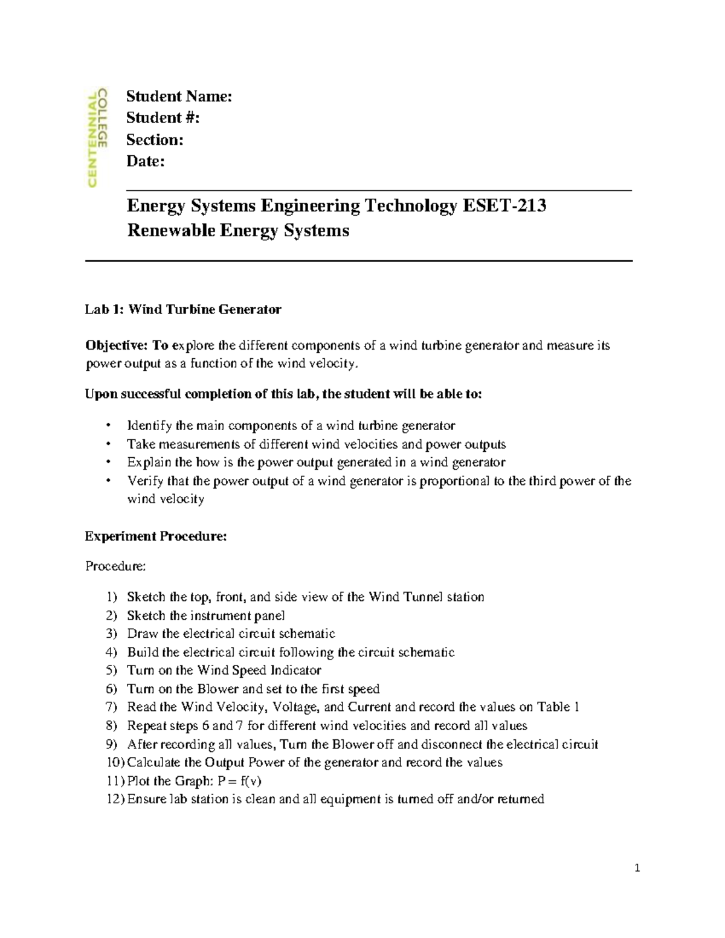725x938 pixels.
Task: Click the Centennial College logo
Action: tap(97, 138)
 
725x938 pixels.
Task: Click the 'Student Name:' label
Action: tap(179, 97)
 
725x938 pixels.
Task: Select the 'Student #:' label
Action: tap(163, 118)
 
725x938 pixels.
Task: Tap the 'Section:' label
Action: tap(155, 140)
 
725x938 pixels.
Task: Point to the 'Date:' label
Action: tap(145, 161)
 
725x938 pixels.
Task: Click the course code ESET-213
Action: tap(504, 206)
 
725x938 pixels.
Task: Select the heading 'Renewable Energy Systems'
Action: tap(238, 231)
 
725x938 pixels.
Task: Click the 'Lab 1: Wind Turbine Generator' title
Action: tap(183, 310)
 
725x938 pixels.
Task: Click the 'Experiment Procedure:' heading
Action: tap(156, 536)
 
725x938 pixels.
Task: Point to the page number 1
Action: tap(637, 869)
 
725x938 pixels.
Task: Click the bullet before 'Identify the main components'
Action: tap(109, 426)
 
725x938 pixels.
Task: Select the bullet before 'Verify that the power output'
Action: tap(109, 481)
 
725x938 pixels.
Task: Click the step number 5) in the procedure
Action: tap(111, 670)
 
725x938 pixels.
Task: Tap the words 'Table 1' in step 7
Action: tap(558, 707)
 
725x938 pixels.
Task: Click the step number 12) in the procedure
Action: tap(115, 800)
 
